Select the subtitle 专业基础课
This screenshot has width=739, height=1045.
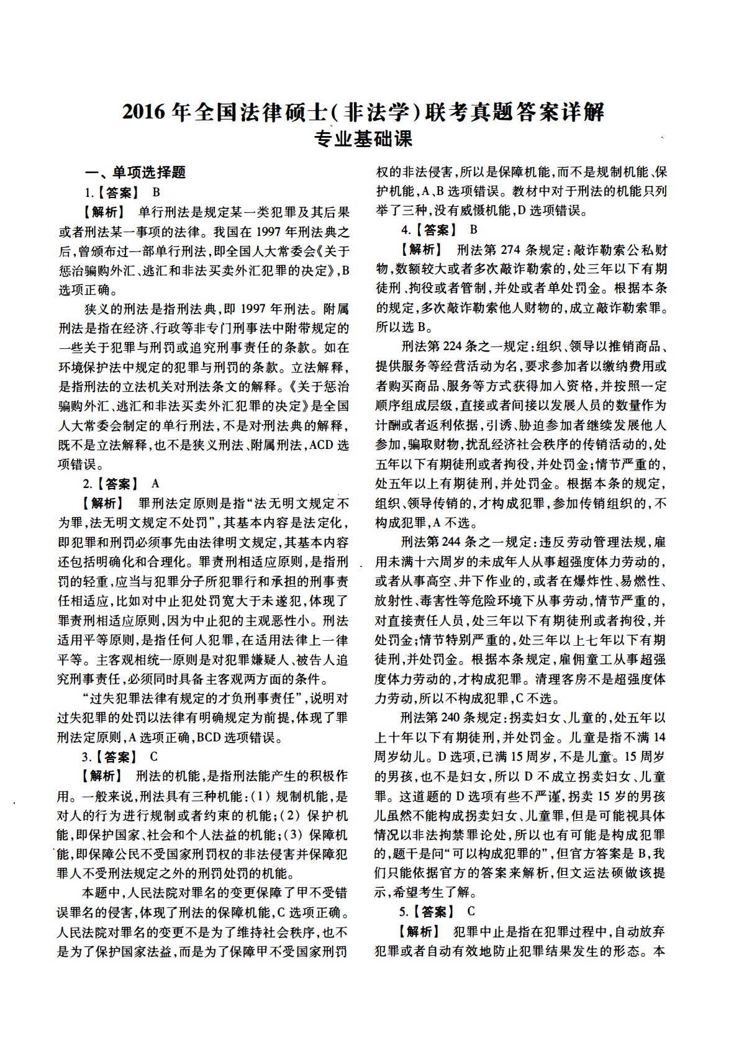[364, 138]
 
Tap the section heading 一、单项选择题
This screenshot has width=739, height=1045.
[136, 173]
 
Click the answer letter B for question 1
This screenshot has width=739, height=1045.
[156, 192]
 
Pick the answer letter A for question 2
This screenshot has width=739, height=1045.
[155, 484]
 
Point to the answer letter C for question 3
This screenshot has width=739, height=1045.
[154, 756]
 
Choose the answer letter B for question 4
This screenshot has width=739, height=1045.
[473, 230]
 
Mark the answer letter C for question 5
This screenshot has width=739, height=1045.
[471, 912]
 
